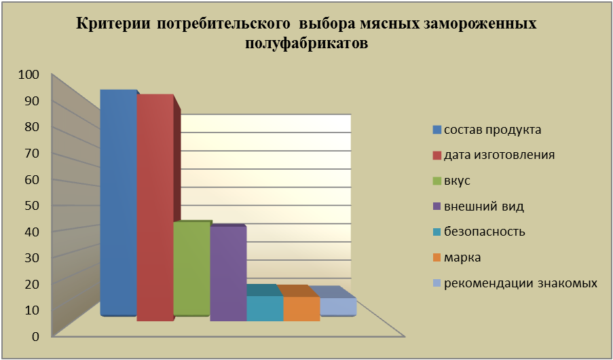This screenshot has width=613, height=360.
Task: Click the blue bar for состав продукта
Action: click(x=118, y=202)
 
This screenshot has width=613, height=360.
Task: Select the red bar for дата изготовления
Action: click(x=155, y=208)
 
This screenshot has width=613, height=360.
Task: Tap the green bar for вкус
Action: click(x=191, y=268)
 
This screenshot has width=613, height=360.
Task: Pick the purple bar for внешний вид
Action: click(x=228, y=274)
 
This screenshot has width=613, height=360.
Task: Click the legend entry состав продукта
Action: click(x=487, y=130)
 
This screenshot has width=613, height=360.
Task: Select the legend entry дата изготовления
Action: click(x=494, y=155)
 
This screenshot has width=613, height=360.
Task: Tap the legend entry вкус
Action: click(x=451, y=181)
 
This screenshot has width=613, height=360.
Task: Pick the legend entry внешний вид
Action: click(x=479, y=206)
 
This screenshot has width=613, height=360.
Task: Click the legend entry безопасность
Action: click(x=479, y=232)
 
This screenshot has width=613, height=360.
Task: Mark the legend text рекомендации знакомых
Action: click(x=521, y=283)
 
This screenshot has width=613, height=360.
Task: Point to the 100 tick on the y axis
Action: click(x=29, y=75)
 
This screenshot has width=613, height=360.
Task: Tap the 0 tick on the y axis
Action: click(x=36, y=336)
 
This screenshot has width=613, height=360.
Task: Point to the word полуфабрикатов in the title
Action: click(x=307, y=43)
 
